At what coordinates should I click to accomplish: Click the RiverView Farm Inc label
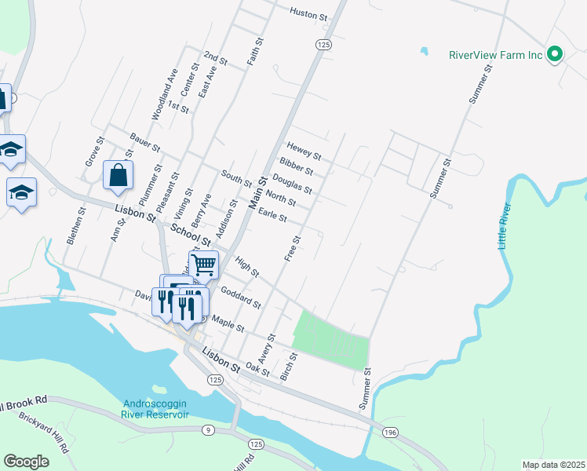pyautogui.click(x=496, y=55)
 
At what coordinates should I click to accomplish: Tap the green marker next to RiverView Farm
pyautogui.click(x=555, y=55)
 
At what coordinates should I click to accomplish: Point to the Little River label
pyautogui.click(x=504, y=227)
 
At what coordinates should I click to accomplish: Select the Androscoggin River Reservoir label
pyautogui.click(x=155, y=409)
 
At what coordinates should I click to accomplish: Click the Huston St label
pyautogui.click(x=308, y=13)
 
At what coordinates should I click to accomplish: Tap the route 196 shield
pyautogui.click(x=389, y=433)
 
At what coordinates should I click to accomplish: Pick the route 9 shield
pyautogui.click(x=207, y=429)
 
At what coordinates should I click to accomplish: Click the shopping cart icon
pyautogui.click(x=203, y=265)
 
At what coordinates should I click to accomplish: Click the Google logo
pyautogui.click(x=27, y=462)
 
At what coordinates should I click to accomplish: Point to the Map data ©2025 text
pyautogui.click(x=553, y=465)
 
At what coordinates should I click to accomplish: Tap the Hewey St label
pyautogui.click(x=304, y=150)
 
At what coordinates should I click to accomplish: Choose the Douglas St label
pyautogui.click(x=292, y=184)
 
